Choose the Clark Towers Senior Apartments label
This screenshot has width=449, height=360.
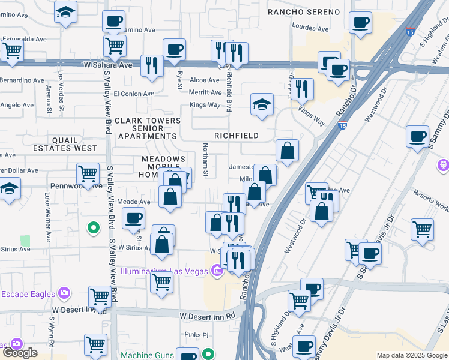147,128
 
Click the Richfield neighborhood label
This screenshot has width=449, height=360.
236,136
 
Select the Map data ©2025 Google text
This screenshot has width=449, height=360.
411,355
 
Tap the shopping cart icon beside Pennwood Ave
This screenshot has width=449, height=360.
88,174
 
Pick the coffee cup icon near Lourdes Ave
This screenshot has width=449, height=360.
360,23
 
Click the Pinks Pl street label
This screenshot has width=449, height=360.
196,335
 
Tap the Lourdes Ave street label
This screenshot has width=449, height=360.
310,28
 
